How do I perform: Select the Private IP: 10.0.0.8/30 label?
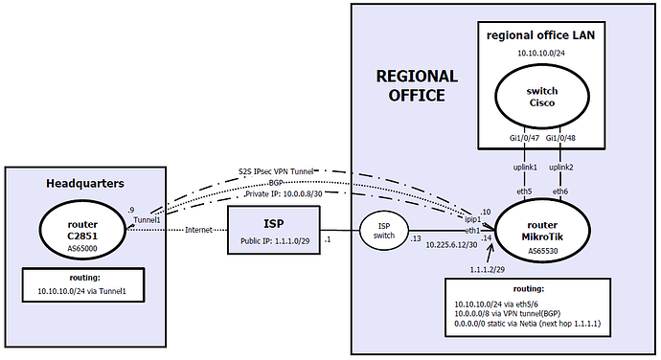(x=284, y=194)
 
